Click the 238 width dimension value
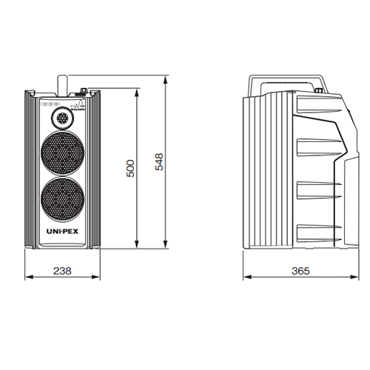pos(62,271)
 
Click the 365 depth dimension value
pos(300,271)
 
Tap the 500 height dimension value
pos(130,169)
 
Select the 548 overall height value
pos(159,162)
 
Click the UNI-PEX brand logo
pos(62,232)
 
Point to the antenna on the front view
pos(62,86)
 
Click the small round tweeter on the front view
pos(62,118)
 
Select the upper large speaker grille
pos(62,153)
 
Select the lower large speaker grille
pos(62,200)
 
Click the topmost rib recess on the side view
pos(319,104)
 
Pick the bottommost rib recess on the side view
pos(319,233)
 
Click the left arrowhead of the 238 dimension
pos(29,277)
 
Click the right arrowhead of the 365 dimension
pos(354,277)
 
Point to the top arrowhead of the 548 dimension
pos(166,80)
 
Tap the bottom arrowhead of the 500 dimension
pos(137,244)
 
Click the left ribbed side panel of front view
pos(31,169)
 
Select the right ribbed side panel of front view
pos(94,169)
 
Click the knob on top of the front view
pos(84,90)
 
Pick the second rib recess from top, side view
pos(319,147)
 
